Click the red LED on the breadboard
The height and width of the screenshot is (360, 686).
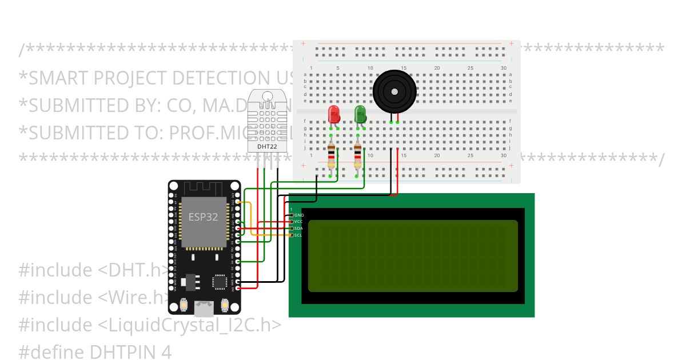point(333,114)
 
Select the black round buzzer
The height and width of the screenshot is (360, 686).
point(394,91)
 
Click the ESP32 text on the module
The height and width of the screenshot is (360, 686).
point(203,217)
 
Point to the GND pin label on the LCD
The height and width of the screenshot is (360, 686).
point(299,215)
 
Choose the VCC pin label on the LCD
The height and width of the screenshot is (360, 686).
point(298,222)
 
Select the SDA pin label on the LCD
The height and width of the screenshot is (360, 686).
point(298,229)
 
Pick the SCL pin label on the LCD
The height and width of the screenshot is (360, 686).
point(298,235)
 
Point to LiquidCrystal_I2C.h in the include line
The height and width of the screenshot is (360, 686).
point(186,325)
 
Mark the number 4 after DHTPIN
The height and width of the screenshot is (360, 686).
point(166,352)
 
